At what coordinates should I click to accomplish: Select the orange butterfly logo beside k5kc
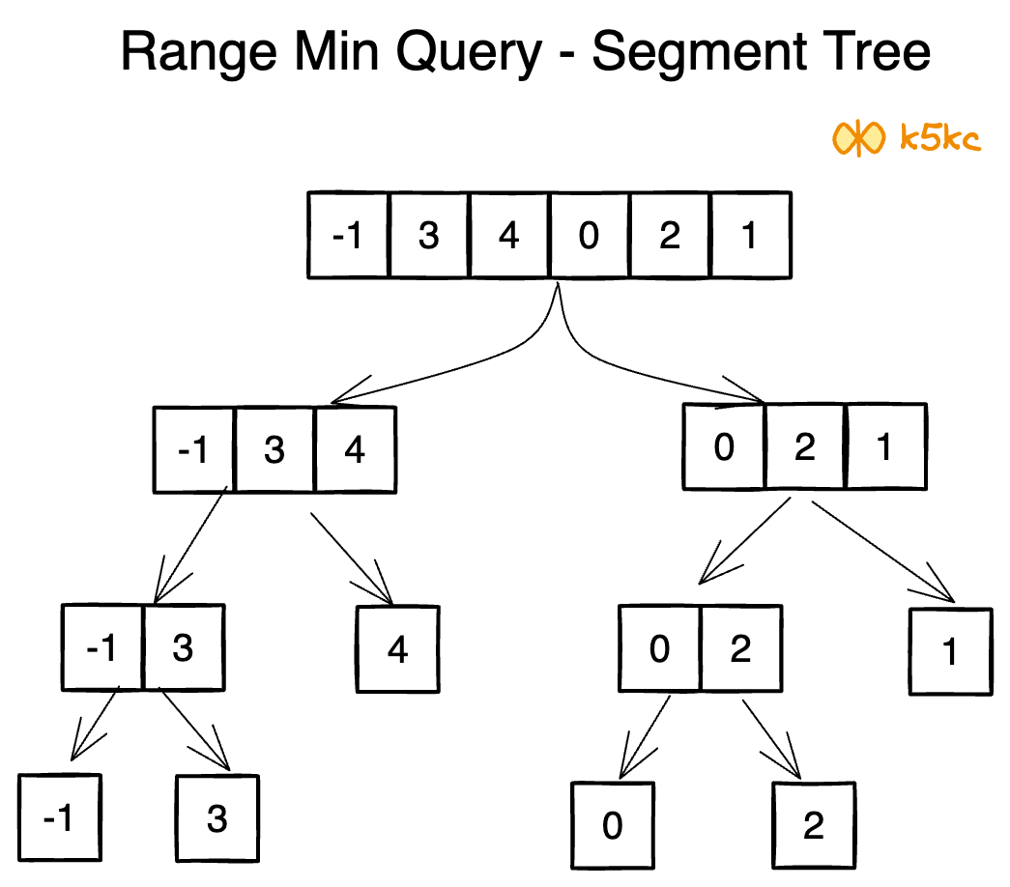click(x=858, y=139)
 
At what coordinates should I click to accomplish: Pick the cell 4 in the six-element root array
click(x=508, y=236)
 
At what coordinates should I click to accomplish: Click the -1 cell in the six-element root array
click(x=348, y=236)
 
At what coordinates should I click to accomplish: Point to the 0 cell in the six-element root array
click(x=589, y=236)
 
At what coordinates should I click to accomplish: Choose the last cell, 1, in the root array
click(x=750, y=236)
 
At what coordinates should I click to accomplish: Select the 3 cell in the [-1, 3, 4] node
click(x=274, y=449)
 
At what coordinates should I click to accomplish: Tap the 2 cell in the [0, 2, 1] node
click(x=804, y=446)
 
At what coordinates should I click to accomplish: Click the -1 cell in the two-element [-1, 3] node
click(x=102, y=648)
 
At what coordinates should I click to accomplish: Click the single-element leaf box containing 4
click(x=397, y=649)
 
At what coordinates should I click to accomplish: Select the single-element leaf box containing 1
click(x=950, y=652)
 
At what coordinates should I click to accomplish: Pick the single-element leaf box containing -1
click(x=59, y=818)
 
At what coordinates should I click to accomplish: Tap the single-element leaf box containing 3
click(x=217, y=818)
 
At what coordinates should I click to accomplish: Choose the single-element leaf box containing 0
click(x=612, y=826)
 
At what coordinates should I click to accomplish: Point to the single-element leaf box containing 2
click(x=814, y=826)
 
